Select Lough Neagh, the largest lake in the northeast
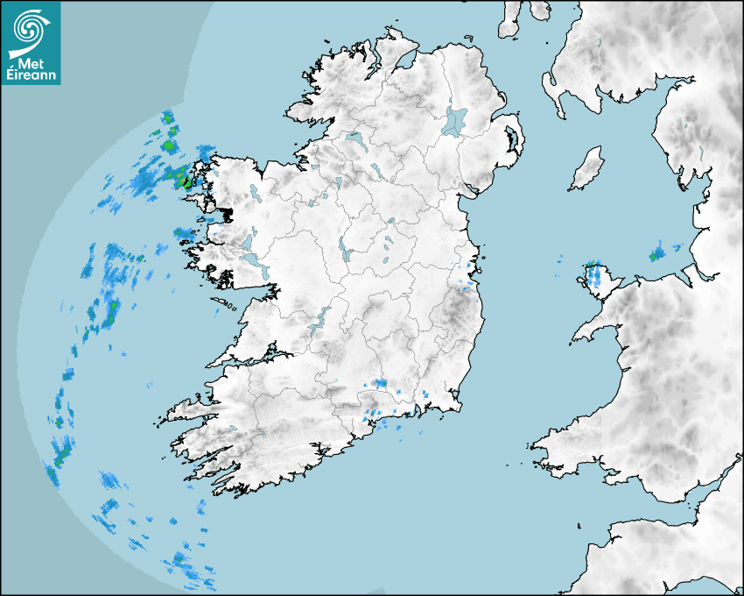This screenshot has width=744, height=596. pos(456,120)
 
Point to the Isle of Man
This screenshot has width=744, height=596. pos(587,168)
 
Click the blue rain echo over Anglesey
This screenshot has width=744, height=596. pos(595,275)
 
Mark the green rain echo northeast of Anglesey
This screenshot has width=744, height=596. pos(656,254)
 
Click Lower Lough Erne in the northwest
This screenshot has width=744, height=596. pos(355,138)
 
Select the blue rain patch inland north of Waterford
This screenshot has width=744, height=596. pos(380,383)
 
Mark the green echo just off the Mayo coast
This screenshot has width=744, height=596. pos(182,179)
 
